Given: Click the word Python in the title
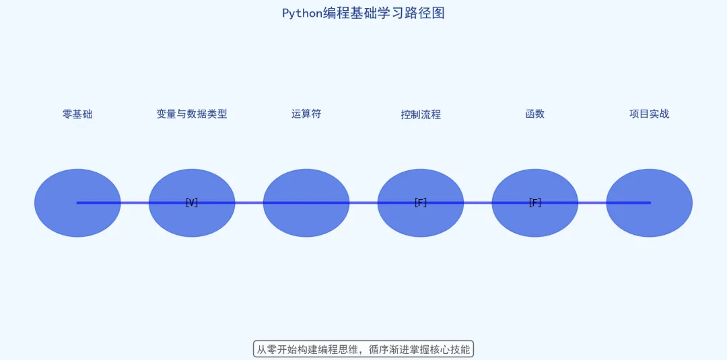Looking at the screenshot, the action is pos(302,13).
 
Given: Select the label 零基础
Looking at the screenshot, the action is pos(77,114).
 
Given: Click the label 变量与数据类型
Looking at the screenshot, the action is pos(192,114).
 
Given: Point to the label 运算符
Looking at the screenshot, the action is pos(306,114).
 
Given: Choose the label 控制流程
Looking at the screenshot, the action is pos(421,114).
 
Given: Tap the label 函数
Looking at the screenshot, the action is pos(535,114).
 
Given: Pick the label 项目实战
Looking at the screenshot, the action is pos(650,114).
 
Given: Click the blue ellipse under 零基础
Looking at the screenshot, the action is pos(77,219).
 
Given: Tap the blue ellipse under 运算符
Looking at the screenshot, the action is pos(306,219).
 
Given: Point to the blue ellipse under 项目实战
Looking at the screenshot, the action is pos(650,219).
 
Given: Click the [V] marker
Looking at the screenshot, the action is pos(192,203).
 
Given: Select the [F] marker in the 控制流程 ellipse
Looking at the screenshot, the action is pos(421,203).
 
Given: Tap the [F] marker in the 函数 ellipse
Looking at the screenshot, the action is pos(535,203).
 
